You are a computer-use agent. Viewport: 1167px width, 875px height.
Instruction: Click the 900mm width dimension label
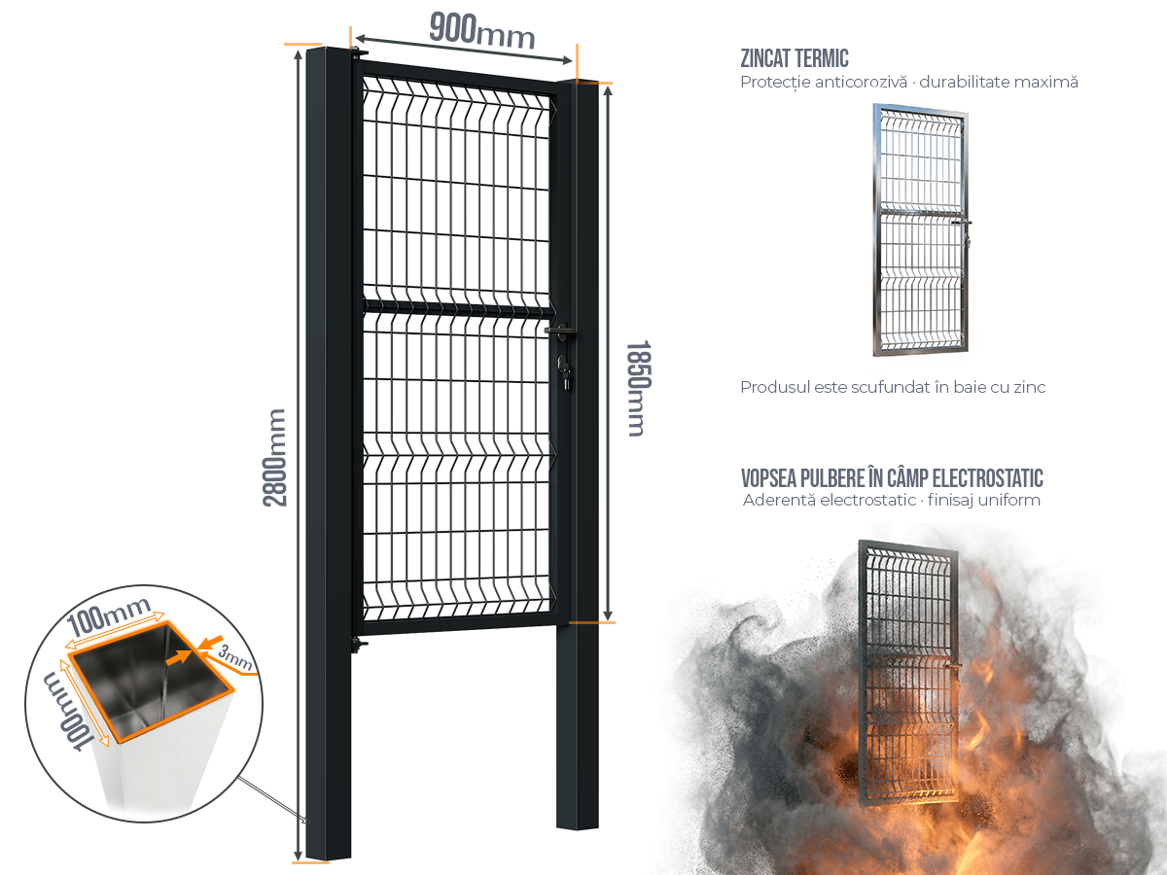(x=481, y=31)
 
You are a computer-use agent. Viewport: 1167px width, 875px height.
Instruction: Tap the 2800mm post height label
(x=275, y=457)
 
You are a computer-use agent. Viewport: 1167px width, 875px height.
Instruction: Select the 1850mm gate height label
(x=637, y=388)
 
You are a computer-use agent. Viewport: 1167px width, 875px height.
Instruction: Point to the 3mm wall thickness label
(x=235, y=657)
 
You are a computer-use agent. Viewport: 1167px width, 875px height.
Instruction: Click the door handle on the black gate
(x=560, y=331)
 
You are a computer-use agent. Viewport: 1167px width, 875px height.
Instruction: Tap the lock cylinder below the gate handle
(x=564, y=372)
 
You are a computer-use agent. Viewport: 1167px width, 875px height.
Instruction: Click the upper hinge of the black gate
(x=360, y=52)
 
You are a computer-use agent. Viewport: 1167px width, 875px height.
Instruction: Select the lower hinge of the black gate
(x=359, y=645)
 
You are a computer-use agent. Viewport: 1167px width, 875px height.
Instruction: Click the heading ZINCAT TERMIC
(x=795, y=58)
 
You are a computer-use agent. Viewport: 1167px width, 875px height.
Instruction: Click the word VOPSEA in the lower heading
(x=768, y=478)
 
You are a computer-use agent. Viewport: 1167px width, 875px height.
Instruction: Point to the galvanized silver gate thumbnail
(x=921, y=230)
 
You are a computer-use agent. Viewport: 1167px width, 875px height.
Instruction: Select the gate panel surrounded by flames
(x=908, y=672)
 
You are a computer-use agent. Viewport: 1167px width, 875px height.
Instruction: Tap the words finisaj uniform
(x=983, y=500)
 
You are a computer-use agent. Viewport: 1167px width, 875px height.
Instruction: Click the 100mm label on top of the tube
(x=110, y=615)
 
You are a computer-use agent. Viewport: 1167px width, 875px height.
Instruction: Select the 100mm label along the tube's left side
(x=67, y=711)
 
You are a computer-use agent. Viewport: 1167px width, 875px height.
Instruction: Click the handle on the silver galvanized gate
(x=962, y=224)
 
